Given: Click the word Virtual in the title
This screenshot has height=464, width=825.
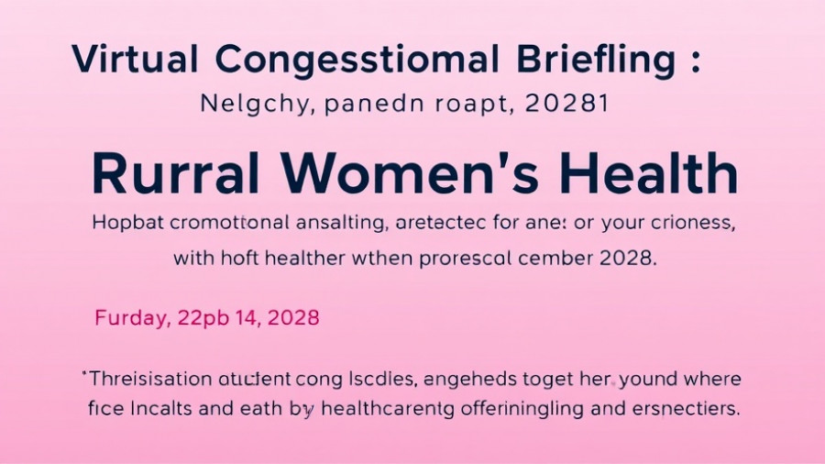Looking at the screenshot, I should (135, 60).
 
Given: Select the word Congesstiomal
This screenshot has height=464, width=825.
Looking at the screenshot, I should (357, 61).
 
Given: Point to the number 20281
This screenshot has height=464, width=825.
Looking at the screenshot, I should (567, 104).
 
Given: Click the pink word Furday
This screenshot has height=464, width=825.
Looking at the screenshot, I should (131, 319).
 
